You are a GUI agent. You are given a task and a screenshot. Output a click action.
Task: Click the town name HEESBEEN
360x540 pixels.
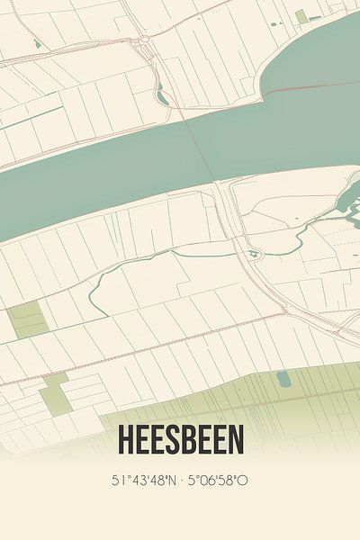coord(179,441)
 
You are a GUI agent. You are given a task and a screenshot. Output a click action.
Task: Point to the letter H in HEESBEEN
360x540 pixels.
coord(124,441)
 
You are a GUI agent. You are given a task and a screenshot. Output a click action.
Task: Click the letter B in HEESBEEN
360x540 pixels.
coord(189,441)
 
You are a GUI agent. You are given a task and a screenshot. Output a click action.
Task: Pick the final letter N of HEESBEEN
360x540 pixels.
coord(235,441)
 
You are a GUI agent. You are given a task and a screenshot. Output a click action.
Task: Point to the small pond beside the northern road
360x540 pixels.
coord(160,94)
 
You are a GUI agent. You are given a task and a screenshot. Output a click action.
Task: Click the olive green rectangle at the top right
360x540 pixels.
coord(301,17)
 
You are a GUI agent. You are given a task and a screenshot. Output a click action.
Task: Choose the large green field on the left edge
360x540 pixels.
coord(27,319)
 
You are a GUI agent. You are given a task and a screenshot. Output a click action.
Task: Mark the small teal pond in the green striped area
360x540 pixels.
coord(283,377)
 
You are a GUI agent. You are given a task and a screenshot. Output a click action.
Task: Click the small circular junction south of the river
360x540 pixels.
coord(255,255)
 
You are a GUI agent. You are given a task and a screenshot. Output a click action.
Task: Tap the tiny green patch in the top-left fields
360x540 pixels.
coord(37,43)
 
